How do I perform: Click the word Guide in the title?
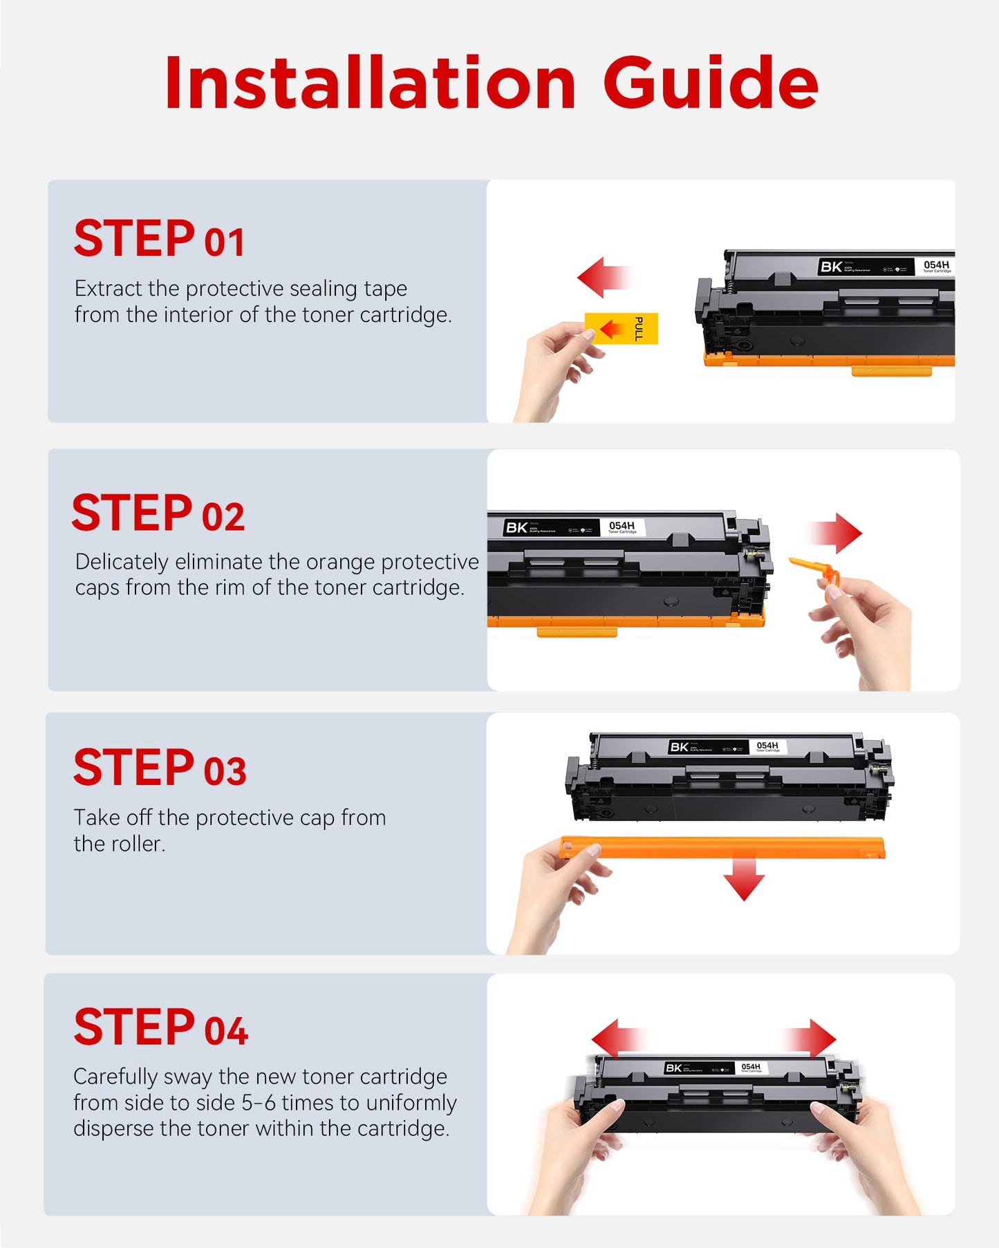711,83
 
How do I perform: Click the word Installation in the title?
370,83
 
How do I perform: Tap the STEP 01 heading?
159,239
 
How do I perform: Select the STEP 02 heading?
158,513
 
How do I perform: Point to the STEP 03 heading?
160,768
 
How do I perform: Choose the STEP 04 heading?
160,1028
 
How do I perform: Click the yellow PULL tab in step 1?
622,328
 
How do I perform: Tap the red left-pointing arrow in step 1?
604,277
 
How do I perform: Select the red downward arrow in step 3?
744,878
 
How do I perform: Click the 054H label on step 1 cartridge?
936,265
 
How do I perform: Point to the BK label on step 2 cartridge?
516,528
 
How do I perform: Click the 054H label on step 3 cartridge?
767,746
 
